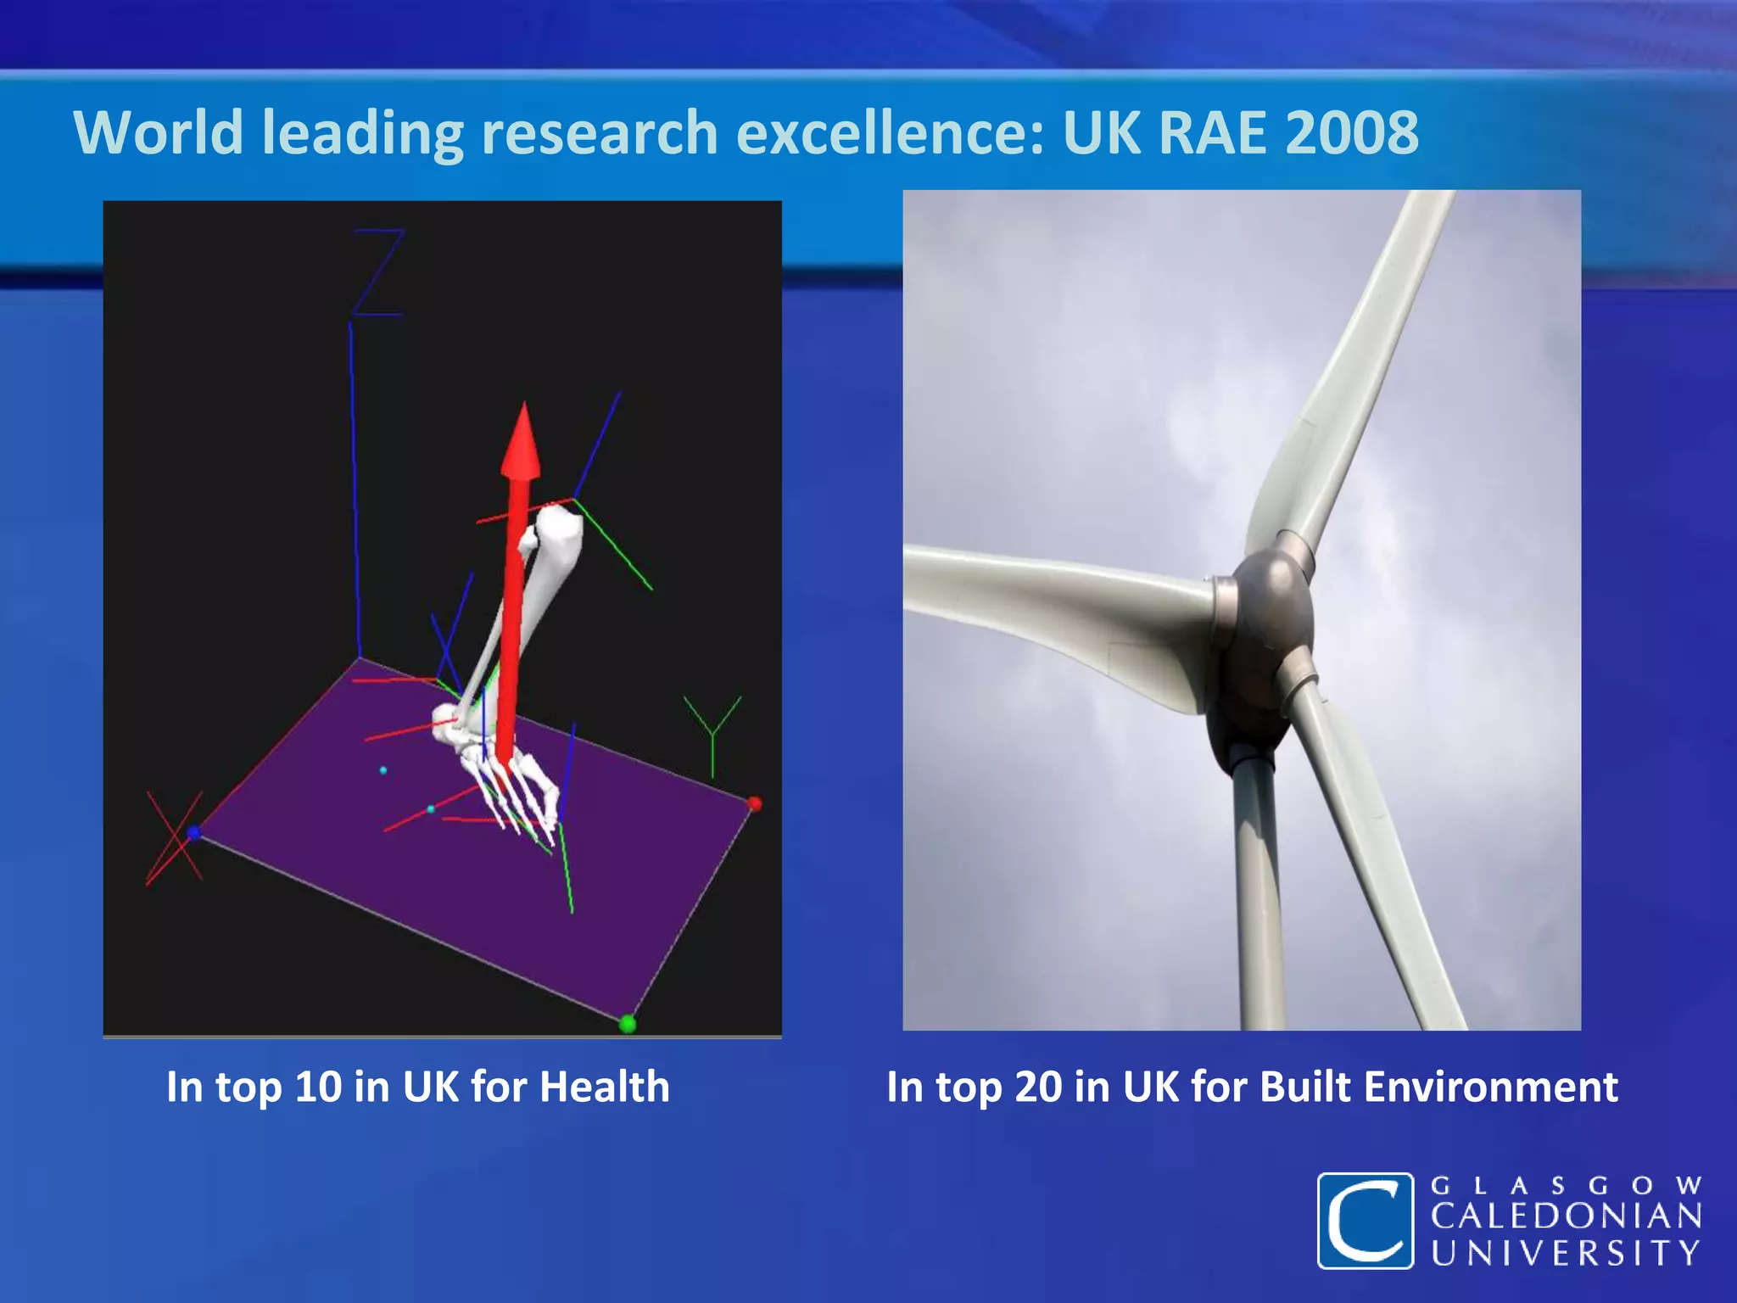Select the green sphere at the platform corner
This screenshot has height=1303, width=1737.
tap(628, 1024)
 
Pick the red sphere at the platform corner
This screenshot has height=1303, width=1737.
tap(754, 803)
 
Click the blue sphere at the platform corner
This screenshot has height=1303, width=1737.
tap(193, 833)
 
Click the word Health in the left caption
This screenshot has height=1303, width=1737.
tap(604, 1087)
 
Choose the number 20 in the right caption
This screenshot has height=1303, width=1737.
tap(1037, 1087)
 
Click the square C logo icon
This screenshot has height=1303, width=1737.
tap(1365, 1221)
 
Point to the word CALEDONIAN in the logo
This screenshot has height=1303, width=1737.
tap(1566, 1218)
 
